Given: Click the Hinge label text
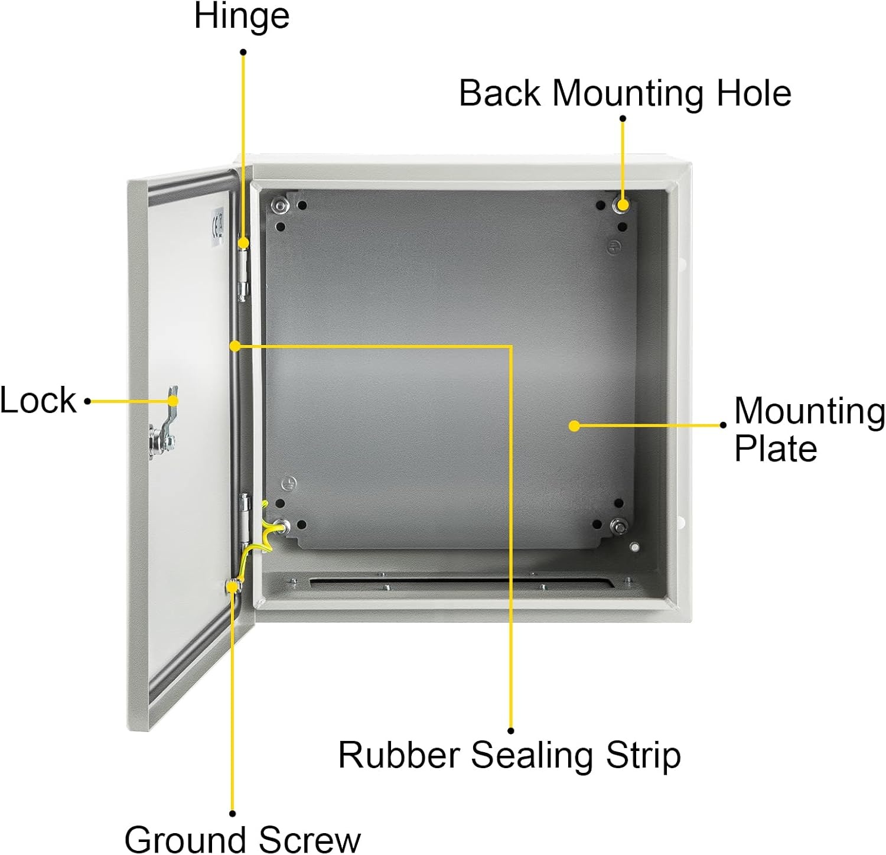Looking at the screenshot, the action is point(242,16).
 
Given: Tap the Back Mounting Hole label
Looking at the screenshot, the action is point(626,93).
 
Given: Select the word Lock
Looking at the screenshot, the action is point(38,400).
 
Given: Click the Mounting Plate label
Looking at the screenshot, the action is point(809,429).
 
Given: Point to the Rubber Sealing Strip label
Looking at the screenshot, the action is point(509,755).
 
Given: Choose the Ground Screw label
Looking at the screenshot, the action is point(242,838).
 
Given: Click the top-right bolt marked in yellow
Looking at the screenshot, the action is point(621,205).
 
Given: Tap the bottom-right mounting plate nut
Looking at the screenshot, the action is point(620,524).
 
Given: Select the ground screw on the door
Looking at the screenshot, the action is point(233,586).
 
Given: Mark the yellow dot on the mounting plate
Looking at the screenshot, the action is point(574,425).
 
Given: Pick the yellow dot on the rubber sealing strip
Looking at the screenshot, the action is point(235,346).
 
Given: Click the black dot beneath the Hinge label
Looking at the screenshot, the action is point(243,52).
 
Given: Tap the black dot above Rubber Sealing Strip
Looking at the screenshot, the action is point(511,731).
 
